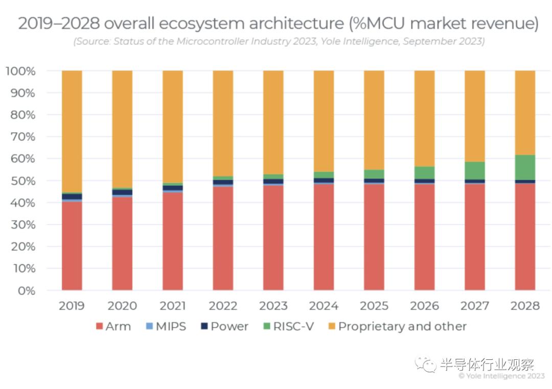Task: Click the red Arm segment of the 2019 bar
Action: tap(72, 245)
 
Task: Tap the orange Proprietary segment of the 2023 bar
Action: tap(273, 123)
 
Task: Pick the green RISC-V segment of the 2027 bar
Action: tap(475, 170)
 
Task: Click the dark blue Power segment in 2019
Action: tap(72, 196)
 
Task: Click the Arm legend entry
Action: tap(113, 326)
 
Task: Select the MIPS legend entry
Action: tap(167, 326)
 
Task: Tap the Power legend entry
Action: tap(224, 326)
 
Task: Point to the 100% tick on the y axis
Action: tap(21, 71)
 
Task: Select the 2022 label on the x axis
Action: tap(223, 306)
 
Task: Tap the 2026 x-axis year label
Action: tap(424, 306)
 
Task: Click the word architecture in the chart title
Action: tap(292, 24)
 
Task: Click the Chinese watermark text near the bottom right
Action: tap(486, 364)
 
